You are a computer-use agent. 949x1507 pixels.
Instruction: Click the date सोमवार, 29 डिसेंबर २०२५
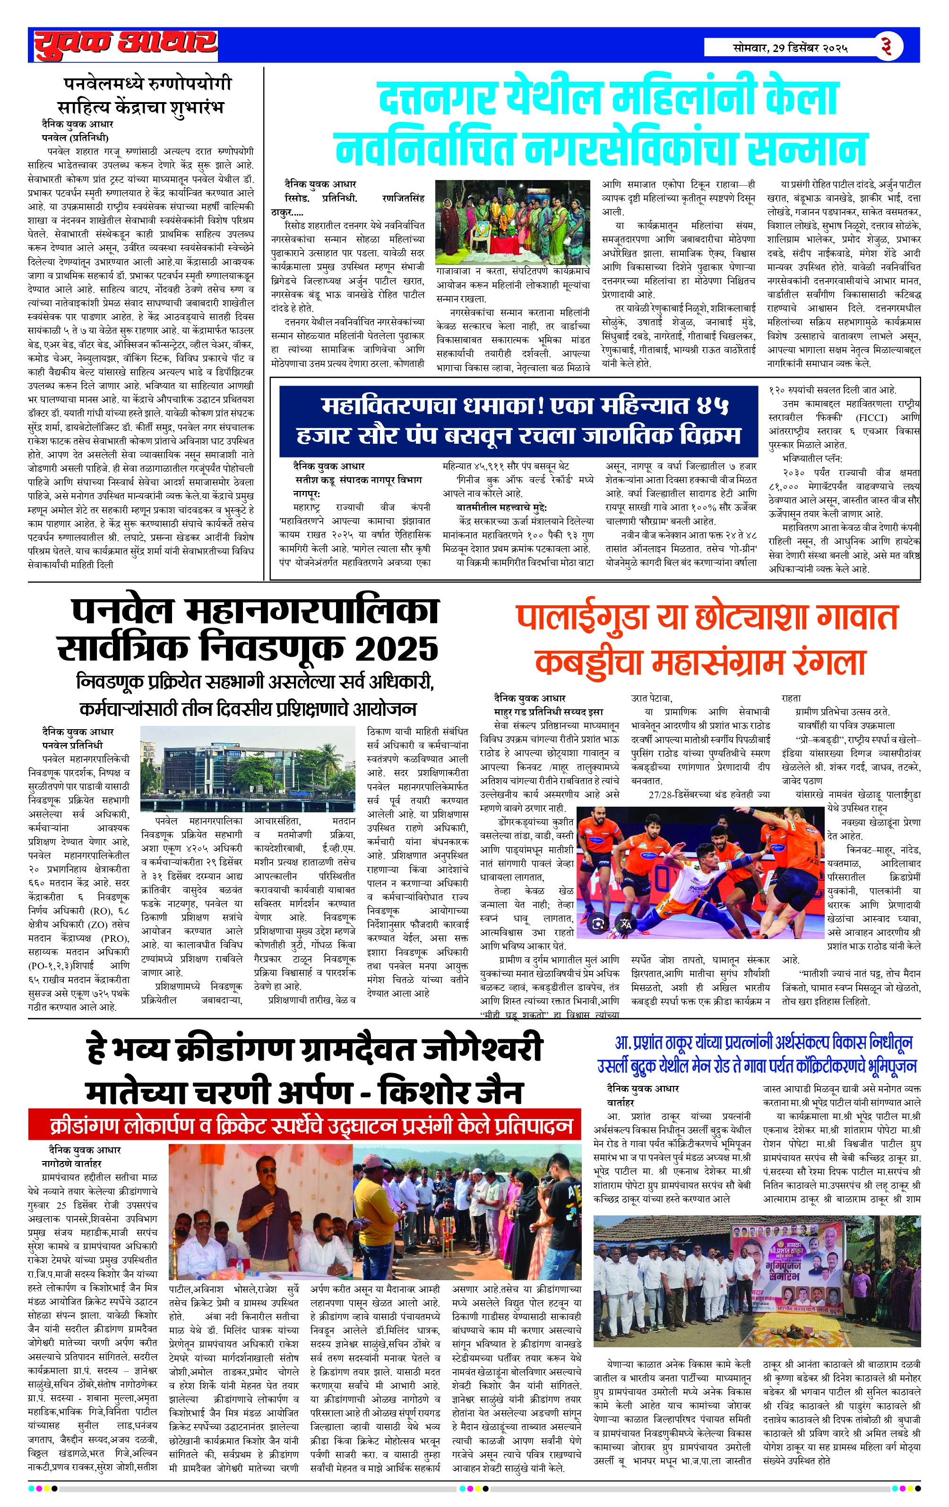click(x=790, y=48)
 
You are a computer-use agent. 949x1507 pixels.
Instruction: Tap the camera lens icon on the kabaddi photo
click(x=598, y=923)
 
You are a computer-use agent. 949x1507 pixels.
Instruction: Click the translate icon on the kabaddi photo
click(x=625, y=923)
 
